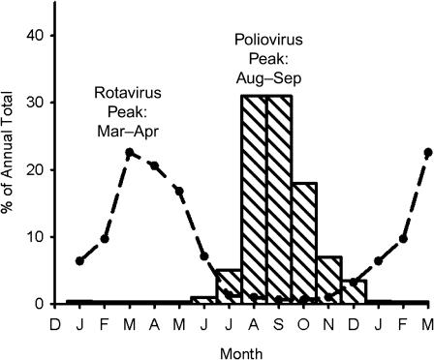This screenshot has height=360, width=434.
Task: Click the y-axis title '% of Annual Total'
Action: [x=13, y=169]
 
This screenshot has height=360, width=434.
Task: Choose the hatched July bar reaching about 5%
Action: [x=229, y=286]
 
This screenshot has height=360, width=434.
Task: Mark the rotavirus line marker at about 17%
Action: [x=179, y=191]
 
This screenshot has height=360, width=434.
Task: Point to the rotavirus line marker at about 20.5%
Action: [x=154, y=166]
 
